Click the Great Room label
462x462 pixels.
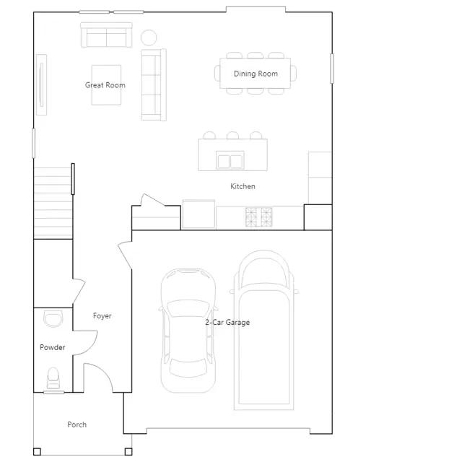tap(105, 85)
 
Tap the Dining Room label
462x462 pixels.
tap(256, 74)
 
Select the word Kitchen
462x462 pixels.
tap(243, 186)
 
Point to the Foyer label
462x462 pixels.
tap(103, 316)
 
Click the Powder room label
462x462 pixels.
tap(53, 347)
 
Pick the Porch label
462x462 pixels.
tap(77, 424)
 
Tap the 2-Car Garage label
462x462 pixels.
tap(227, 323)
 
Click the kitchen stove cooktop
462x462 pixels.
tap(258, 217)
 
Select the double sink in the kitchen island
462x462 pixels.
tap(230, 160)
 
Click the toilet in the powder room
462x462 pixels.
tap(53, 378)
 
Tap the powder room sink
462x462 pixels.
tap(53, 318)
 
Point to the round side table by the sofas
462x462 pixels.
tap(149, 38)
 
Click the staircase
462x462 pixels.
tap(53, 203)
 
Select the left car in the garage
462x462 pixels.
tap(188, 331)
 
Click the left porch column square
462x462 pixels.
tap(37, 452)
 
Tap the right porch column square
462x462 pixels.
tap(128, 452)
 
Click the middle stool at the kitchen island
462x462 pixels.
tap(232, 135)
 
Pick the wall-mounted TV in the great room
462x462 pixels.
tap(42, 84)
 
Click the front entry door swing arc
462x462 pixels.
tap(103, 370)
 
